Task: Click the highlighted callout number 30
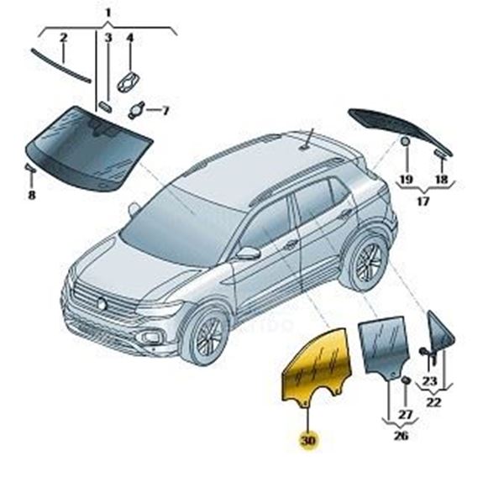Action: pyautogui.click(x=308, y=440)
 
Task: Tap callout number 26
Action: pyautogui.click(x=401, y=436)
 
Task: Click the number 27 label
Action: pyautogui.click(x=406, y=414)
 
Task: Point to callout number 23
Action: pyautogui.click(x=429, y=381)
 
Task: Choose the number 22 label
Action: pyautogui.click(x=433, y=401)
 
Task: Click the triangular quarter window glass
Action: pyautogui.click(x=440, y=331)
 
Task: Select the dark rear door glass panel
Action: pyautogui.click(x=385, y=344)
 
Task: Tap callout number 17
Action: pyautogui.click(x=423, y=202)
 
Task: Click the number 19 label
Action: pyautogui.click(x=407, y=180)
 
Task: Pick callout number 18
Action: pyautogui.click(x=441, y=180)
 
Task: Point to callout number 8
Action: pyautogui.click(x=32, y=195)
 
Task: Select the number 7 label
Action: pyautogui.click(x=165, y=111)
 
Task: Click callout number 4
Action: pyautogui.click(x=129, y=39)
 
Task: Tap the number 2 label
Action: pyautogui.click(x=64, y=38)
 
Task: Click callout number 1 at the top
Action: pyautogui.click(x=108, y=13)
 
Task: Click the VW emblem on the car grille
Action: pyautogui.click(x=102, y=303)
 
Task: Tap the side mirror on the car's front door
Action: pyautogui.click(x=248, y=253)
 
